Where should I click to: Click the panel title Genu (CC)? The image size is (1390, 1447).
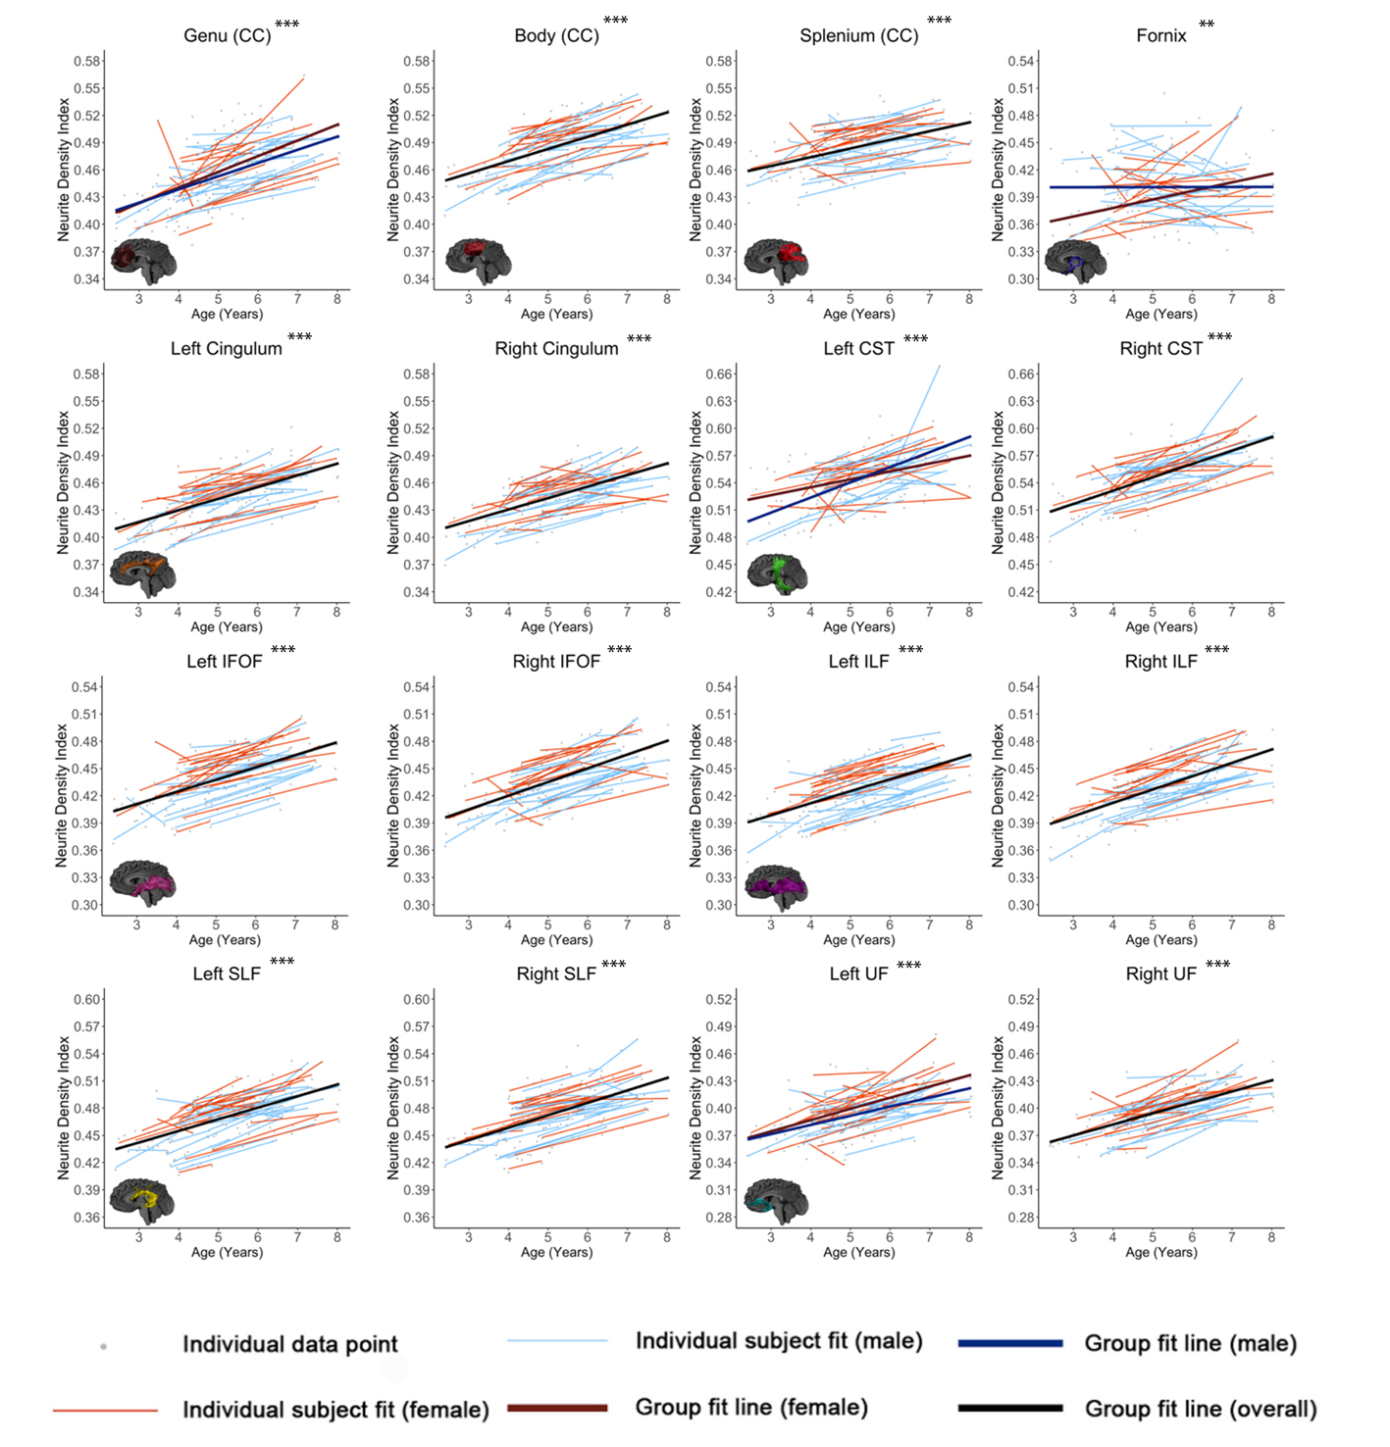227,36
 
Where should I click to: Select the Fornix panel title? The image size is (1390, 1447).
1160,36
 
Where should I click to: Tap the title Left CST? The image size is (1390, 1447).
858,349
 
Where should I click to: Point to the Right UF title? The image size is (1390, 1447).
1160,974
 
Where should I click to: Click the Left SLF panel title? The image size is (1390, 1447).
227,974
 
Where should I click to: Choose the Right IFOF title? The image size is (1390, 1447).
556,662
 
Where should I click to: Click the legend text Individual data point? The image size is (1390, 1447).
290,1344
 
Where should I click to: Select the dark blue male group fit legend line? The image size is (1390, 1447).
1010,1343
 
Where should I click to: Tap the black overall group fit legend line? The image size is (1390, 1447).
1010,1409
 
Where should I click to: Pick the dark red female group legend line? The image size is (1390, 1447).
557,1408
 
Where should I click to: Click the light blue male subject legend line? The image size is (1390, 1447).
557,1341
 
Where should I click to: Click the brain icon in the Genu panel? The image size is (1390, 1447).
143,261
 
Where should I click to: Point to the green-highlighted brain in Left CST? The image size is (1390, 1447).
778,574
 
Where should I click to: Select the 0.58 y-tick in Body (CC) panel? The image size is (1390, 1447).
417,61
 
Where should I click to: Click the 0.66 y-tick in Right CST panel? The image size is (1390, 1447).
1021,374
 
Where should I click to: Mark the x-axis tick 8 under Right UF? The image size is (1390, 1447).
1271,1237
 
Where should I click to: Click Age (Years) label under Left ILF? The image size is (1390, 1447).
858,939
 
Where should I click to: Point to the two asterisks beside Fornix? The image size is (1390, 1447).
1207,25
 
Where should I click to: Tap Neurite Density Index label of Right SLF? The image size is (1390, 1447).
393,1108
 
